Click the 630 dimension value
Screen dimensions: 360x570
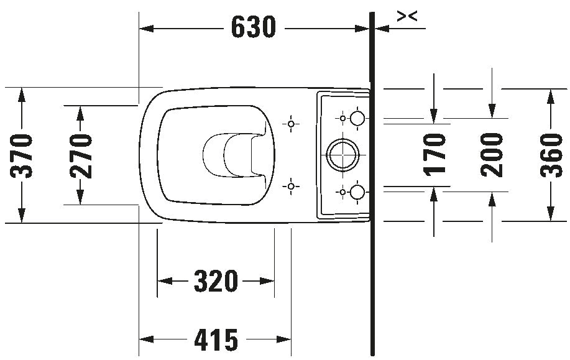(x=253, y=27)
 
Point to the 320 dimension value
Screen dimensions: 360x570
(x=216, y=282)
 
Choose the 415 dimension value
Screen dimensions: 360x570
(x=216, y=339)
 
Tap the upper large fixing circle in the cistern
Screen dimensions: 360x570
(x=357, y=118)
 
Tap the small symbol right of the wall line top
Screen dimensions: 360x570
(x=407, y=17)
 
